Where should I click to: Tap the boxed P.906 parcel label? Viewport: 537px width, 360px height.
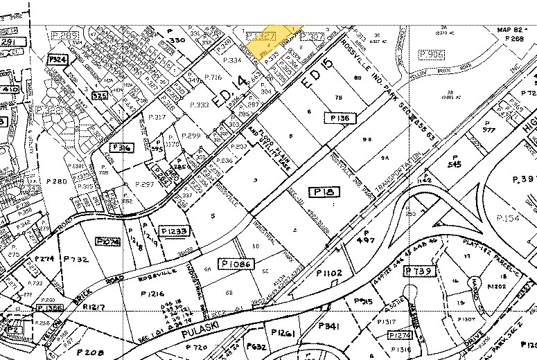(x=432, y=54)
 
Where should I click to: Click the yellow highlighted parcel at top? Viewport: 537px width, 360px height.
(x=272, y=35)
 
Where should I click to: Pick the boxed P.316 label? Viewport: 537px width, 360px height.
(x=121, y=147)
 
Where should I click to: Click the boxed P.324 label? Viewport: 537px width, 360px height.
(x=58, y=60)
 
